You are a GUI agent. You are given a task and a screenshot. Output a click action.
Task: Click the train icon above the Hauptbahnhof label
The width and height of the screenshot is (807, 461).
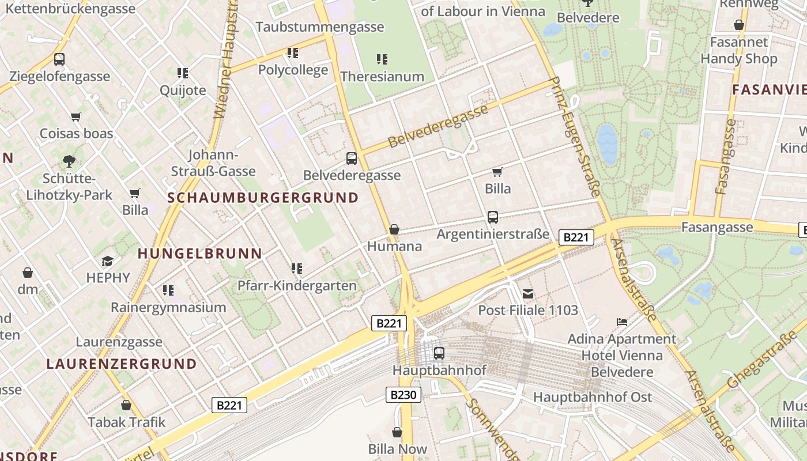pos(439,353)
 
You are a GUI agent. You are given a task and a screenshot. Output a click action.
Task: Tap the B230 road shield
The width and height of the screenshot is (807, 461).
pos(403,395)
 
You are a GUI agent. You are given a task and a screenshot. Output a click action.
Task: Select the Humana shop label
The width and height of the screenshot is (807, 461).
pos(395,246)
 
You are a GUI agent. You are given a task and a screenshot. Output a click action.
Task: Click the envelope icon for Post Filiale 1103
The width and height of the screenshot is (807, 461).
pos(527,293)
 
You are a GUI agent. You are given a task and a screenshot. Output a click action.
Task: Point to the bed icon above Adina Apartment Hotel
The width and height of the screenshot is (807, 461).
pos(621,322)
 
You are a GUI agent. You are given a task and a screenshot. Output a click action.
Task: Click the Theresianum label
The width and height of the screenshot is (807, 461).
pos(382,76)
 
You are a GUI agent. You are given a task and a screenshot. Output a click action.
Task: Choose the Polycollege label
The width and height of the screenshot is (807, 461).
pos(293,70)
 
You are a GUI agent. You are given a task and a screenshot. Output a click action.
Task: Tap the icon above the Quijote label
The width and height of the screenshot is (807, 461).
pos(183,73)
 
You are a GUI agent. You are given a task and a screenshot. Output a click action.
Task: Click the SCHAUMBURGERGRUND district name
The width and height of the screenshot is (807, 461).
pos(263,198)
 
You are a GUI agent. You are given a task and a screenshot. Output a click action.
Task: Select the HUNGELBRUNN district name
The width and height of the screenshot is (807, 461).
pos(200,253)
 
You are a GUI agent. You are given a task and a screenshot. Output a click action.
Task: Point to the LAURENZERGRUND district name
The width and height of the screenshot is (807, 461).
pos(122,364)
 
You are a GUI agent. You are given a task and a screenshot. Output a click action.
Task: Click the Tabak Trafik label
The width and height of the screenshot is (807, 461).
pos(126,422)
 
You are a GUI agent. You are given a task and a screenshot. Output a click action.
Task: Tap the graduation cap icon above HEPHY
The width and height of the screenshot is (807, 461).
pos(108,262)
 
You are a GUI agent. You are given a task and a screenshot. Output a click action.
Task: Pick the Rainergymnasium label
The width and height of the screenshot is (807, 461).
pos(168,307)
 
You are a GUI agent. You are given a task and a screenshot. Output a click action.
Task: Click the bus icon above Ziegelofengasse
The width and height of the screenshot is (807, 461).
pos(59,59)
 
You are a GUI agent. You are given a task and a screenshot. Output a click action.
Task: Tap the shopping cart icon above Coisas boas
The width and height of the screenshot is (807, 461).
pos(76,116)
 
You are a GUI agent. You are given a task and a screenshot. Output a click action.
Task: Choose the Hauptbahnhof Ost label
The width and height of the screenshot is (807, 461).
pos(593,397)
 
